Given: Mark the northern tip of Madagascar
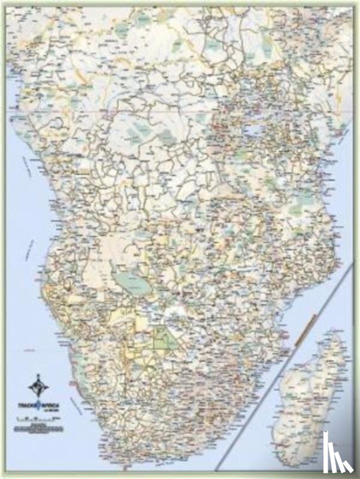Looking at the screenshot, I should [339, 330].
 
